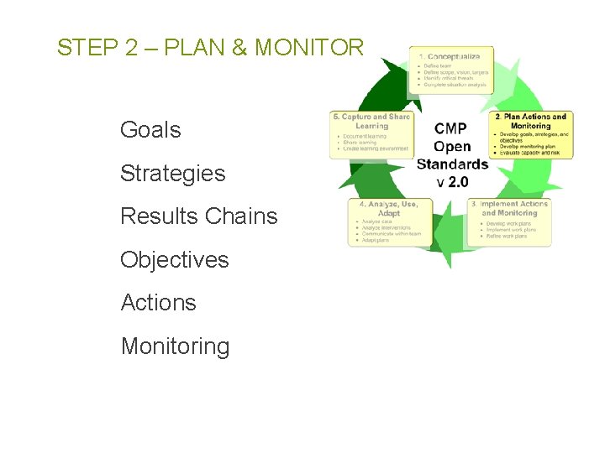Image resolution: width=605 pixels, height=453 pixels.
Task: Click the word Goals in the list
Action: tap(150, 130)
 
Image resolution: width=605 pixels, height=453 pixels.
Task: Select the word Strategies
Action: tap(172, 174)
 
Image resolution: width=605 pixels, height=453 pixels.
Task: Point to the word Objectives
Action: tap(174, 260)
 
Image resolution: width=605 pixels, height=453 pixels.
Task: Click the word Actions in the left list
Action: tap(158, 303)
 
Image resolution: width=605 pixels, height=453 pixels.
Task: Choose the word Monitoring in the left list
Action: tap(175, 346)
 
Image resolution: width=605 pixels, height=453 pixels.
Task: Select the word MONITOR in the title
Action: tap(309, 48)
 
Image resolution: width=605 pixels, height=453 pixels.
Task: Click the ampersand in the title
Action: tap(239, 48)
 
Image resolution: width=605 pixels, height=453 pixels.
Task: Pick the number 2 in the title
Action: tap(131, 48)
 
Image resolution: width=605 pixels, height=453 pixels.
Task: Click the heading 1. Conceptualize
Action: tap(450, 56)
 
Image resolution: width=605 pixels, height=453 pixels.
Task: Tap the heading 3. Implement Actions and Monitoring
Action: tap(509, 208)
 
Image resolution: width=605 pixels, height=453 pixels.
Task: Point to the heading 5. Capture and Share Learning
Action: tap(371, 121)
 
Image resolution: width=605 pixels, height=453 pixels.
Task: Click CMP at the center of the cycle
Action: tap(452, 128)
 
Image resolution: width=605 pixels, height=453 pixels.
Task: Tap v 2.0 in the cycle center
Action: tap(452, 181)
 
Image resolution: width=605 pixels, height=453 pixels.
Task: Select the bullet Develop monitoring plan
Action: tap(532, 147)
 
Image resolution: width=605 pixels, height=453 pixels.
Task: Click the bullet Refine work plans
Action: tap(506, 237)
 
